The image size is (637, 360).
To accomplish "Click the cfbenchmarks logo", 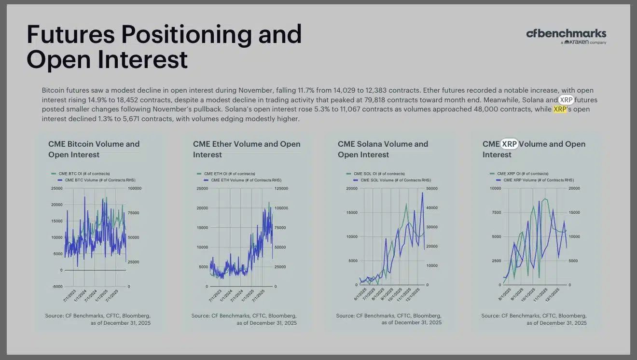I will [566, 36].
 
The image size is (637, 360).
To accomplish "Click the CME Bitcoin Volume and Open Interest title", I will [94, 149].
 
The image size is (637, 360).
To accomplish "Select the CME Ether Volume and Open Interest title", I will [247, 149].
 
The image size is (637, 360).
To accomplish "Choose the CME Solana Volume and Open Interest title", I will [383, 149].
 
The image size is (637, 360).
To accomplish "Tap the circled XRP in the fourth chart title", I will [509, 144].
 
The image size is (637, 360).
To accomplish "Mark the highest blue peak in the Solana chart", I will [422, 193].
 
